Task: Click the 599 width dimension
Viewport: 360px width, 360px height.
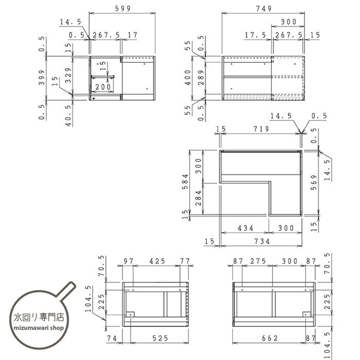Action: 122,9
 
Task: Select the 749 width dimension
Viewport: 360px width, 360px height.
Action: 264,9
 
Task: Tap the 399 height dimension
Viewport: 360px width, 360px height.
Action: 42,77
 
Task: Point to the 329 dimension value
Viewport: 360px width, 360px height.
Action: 68,75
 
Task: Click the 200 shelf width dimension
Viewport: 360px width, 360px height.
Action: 103,87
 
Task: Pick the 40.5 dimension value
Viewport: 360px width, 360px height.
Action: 68,116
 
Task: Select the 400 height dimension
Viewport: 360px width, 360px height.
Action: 188,77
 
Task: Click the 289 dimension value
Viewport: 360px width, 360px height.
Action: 201,77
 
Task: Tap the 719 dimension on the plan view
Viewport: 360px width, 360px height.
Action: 261,129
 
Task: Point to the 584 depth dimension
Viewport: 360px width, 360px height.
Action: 185,182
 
